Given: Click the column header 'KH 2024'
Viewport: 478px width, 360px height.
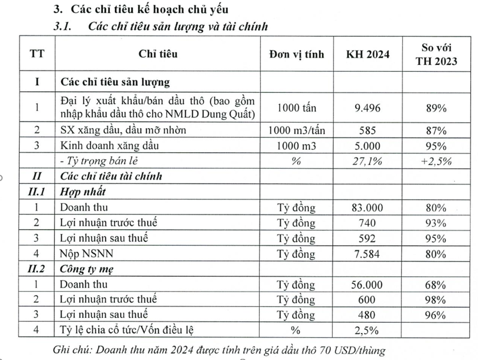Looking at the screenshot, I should tap(367, 55).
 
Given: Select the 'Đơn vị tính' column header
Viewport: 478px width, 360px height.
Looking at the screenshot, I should tap(296, 55).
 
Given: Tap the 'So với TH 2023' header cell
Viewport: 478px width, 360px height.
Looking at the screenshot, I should tap(436, 55).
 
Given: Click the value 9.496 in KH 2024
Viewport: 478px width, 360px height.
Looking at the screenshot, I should tap(367, 108).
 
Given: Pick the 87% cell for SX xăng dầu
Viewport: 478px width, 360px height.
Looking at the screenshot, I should tap(436, 131).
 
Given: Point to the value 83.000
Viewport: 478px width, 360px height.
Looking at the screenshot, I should tap(367, 207).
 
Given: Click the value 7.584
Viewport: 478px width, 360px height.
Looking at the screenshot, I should tap(367, 254).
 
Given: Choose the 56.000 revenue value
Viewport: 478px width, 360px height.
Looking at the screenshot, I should tap(367, 285).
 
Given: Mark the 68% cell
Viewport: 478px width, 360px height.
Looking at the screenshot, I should tap(436, 285).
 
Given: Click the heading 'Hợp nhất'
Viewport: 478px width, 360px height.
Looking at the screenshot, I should tap(83, 192).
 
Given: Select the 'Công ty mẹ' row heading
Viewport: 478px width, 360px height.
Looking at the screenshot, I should tap(86, 269).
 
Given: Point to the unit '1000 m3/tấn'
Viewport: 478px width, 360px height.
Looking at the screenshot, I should tap(296, 131).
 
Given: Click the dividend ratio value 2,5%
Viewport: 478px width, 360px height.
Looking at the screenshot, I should tap(367, 331).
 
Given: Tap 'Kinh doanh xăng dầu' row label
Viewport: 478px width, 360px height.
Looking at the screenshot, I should tap(109, 145).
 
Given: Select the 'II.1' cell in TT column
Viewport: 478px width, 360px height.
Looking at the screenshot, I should tap(37, 192).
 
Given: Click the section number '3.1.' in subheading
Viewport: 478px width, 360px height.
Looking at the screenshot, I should tap(62, 27).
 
